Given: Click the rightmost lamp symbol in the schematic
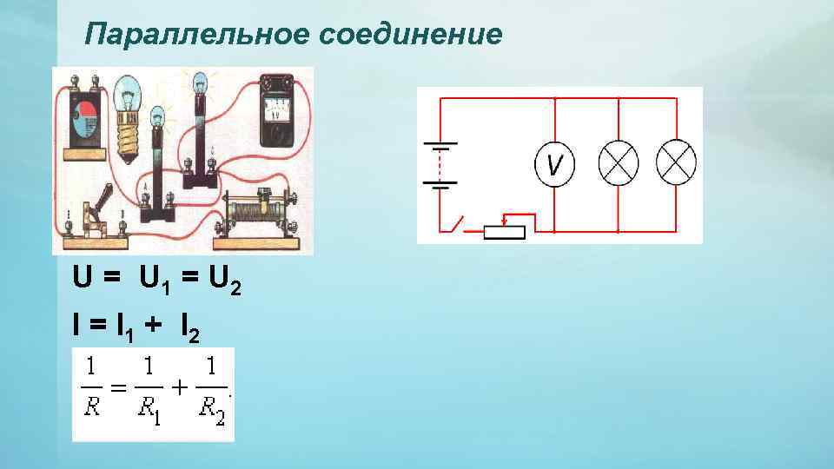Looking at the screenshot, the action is pos(677,162).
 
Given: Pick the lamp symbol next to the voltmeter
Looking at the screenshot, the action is pos(618,162).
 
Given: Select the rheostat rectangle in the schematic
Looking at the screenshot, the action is pos(505,231).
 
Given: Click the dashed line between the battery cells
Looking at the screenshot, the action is pos(440,163).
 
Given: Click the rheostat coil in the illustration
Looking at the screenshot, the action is pos(257,211).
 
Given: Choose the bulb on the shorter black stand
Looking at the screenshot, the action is pos(157,119).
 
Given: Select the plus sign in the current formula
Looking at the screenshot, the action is pos(152,327).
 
